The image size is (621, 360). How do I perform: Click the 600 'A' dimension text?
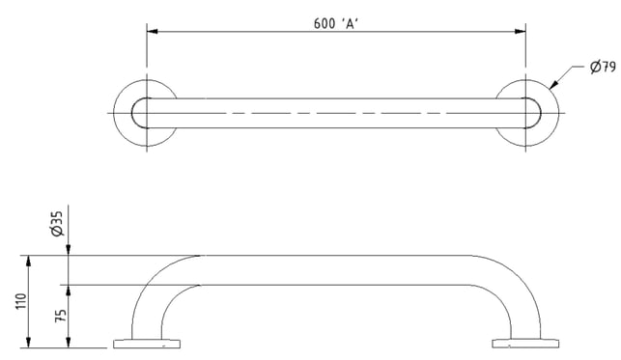tap(336, 24)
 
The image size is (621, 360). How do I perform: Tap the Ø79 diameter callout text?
tap(604, 67)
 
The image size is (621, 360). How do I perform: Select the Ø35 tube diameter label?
tap(57, 224)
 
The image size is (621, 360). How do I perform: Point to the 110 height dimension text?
tap(21, 301)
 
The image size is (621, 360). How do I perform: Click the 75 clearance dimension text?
tap(61, 316)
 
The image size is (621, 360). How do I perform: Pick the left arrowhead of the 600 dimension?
tap(152, 31)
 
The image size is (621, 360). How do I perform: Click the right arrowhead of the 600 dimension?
tap(521, 31)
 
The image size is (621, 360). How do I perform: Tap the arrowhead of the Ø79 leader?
tap(553, 85)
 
